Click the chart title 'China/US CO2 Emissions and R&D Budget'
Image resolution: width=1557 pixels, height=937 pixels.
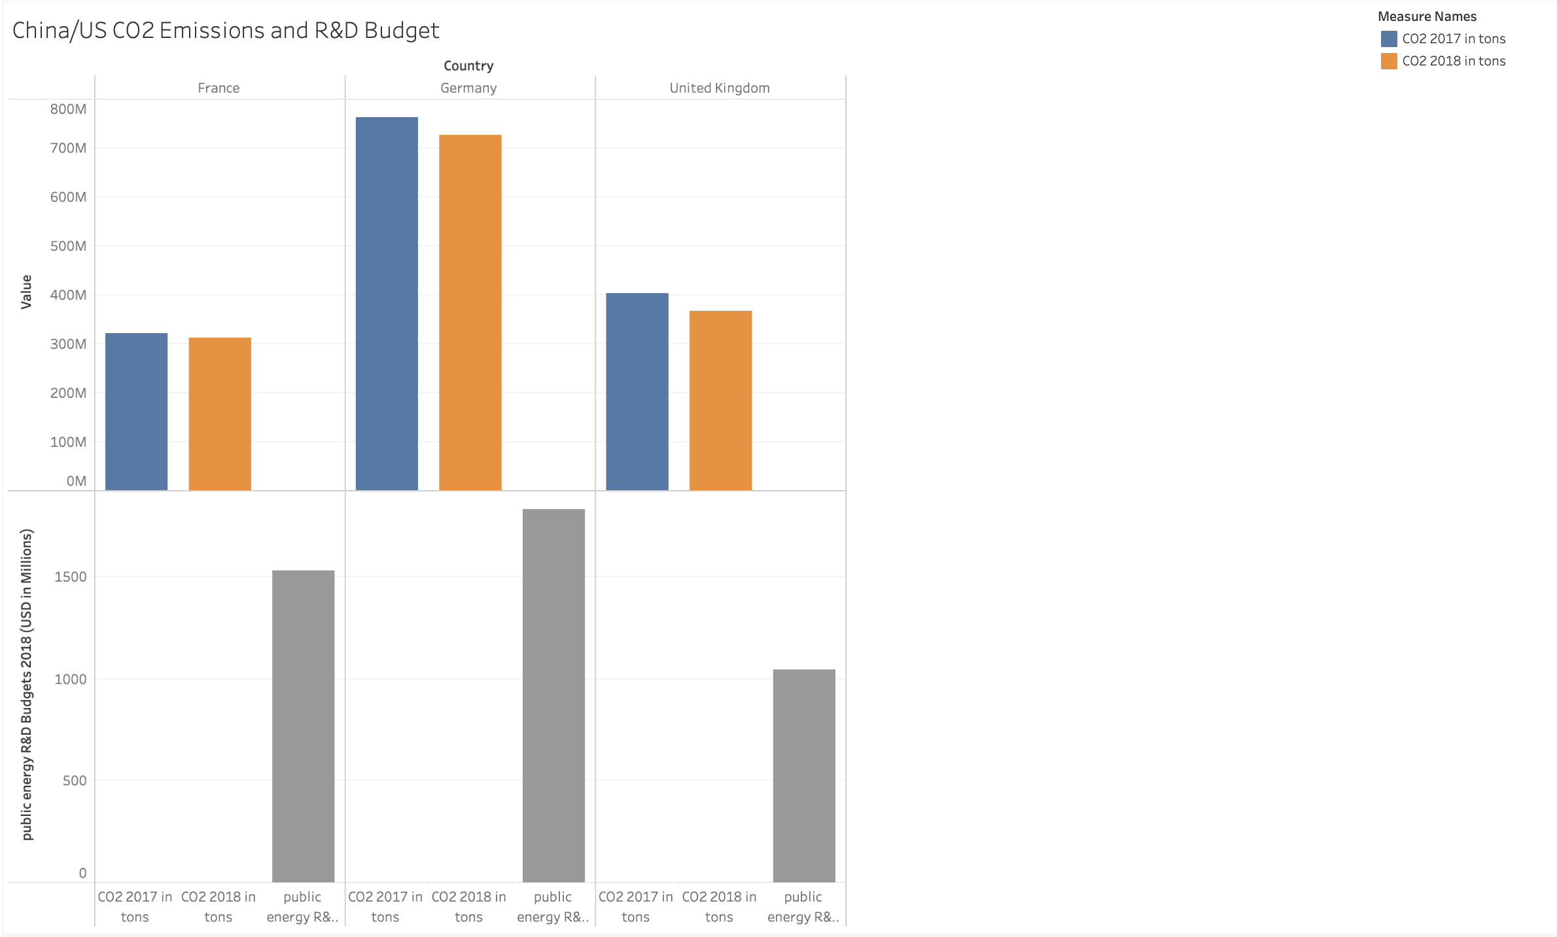pyautogui.click(x=226, y=31)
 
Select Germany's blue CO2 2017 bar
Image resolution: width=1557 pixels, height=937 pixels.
pyautogui.click(x=387, y=304)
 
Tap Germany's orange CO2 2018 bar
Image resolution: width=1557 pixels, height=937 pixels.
pyautogui.click(x=470, y=313)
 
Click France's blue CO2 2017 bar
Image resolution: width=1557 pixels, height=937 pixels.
pyautogui.click(x=136, y=412)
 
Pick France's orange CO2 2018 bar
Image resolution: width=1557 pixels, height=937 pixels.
pyautogui.click(x=220, y=414)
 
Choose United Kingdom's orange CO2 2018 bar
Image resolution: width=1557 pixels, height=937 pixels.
pyautogui.click(x=720, y=400)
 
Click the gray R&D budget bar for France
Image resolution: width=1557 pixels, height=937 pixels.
pyautogui.click(x=303, y=726)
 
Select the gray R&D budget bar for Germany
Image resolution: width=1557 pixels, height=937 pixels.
pyautogui.click(x=553, y=695)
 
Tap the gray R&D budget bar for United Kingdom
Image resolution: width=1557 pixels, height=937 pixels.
pyautogui.click(x=804, y=775)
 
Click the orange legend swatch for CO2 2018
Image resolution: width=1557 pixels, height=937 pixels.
pyautogui.click(x=1388, y=61)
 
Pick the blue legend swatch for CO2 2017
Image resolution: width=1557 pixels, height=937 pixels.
pyautogui.click(x=1388, y=39)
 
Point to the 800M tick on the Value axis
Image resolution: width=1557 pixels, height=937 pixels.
pyautogui.click(x=68, y=109)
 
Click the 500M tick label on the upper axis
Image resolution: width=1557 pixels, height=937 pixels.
pyautogui.click(x=68, y=246)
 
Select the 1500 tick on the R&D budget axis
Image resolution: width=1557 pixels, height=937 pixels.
pyautogui.click(x=71, y=576)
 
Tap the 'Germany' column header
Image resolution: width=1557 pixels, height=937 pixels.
pyautogui.click(x=468, y=88)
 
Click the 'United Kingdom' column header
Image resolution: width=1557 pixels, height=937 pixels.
pyautogui.click(x=719, y=88)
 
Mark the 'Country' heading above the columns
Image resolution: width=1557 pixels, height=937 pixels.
pyautogui.click(x=468, y=65)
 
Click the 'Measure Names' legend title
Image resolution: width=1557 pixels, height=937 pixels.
pyautogui.click(x=1427, y=16)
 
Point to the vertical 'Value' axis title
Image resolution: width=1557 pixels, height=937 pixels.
pyautogui.click(x=26, y=292)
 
